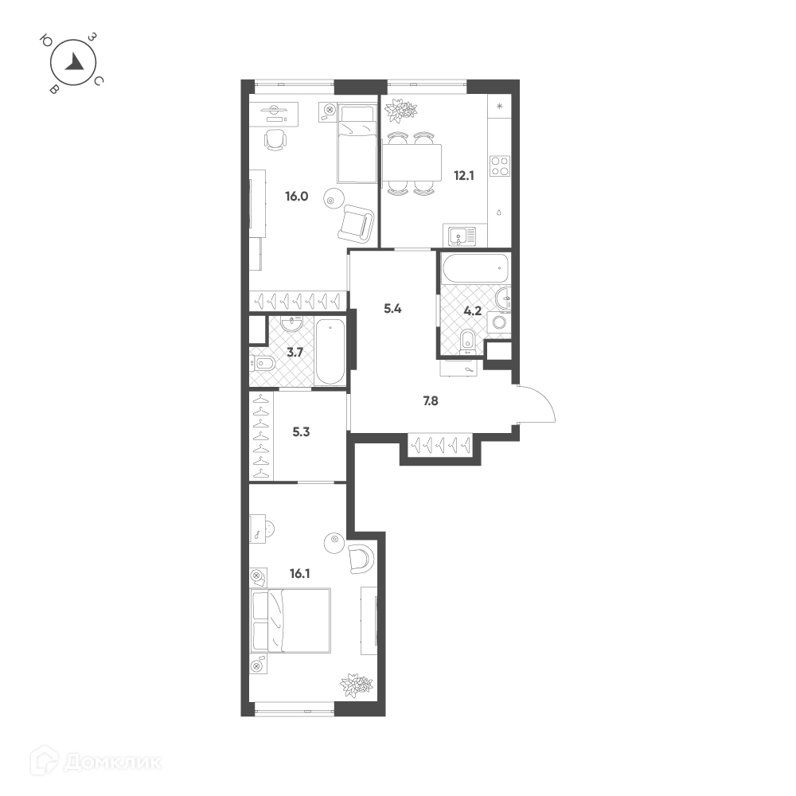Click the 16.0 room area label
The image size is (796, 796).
coord(297,196)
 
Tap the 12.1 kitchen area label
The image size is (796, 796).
coord(464,176)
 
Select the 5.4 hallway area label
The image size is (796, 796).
coord(393,309)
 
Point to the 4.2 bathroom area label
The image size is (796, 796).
coord(473,311)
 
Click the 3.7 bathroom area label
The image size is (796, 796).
coord(295,353)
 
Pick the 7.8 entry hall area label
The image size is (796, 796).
coord(431,401)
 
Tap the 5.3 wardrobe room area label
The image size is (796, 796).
coord(301,432)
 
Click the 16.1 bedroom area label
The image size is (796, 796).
coord(300,574)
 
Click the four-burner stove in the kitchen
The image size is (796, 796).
coord(500,166)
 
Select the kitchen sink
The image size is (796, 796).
coord(462,236)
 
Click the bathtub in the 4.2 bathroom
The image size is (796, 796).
coord(474,267)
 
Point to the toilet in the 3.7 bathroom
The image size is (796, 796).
coord(263,363)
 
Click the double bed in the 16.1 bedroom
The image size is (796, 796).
coord(291,620)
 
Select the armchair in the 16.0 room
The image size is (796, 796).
coord(357,224)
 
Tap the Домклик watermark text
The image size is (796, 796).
coord(113,762)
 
